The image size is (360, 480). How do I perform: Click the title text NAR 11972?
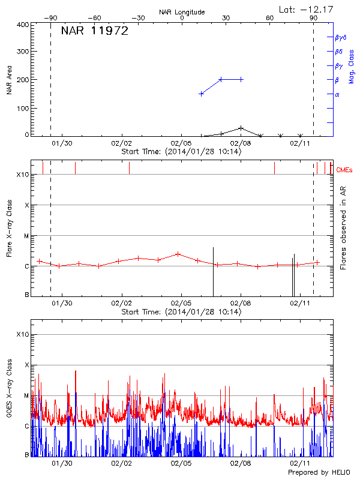coord(94,31)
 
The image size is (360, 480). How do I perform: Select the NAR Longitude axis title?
coord(182,12)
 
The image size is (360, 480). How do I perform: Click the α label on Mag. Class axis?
coord(337,95)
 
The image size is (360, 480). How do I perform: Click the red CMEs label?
coord(345,170)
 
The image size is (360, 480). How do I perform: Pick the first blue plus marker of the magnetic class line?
coord(201,94)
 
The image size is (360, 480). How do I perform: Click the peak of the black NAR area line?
coord(241,128)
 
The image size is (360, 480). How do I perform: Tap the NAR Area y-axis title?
coord(9,80)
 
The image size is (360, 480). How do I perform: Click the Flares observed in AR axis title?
coord(343,228)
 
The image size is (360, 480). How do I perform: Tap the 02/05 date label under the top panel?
coord(181,144)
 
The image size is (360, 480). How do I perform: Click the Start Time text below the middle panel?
coord(181,312)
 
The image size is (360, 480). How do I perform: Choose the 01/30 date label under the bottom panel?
coord(62,464)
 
